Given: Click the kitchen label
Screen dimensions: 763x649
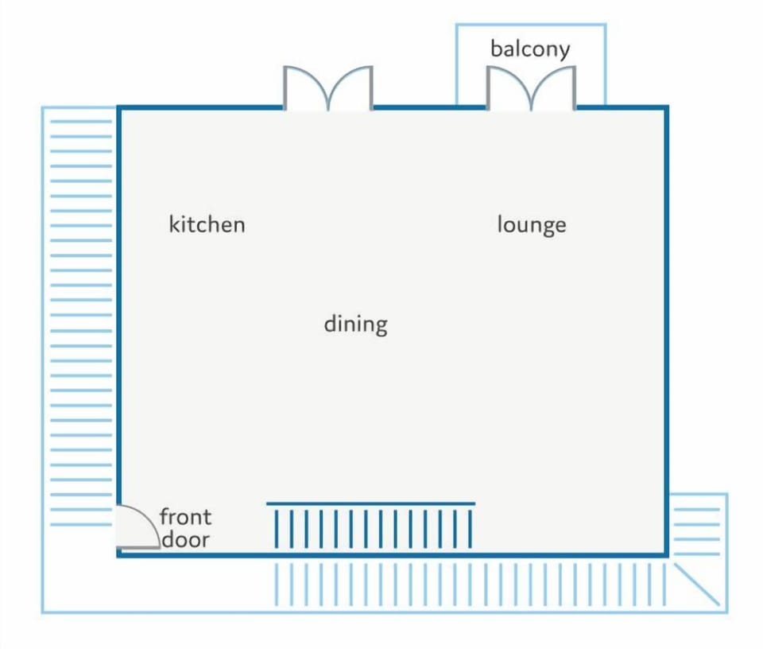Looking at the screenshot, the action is click(x=207, y=224).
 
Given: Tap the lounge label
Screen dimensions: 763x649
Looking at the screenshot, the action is click(x=532, y=225).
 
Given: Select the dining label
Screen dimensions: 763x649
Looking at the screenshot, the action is click(x=356, y=324).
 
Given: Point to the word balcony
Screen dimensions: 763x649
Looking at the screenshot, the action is click(x=530, y=49).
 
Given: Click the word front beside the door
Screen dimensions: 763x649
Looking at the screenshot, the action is click(x=185, y=517).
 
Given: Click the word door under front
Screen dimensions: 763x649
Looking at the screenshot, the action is click(x=185, y=539).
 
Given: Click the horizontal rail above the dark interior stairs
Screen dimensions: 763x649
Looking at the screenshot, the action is click(x=371, y=503).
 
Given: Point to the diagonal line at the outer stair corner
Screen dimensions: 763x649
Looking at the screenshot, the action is click(x=697, y=585).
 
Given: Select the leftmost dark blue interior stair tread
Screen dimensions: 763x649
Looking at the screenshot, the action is click(x=277, y=529).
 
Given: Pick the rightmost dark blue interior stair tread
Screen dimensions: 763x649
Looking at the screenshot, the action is click(x=470, y=529).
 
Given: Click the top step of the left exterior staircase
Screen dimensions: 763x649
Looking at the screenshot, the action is click(x=81, y=121).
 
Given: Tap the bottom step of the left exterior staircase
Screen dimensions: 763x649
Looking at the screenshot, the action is click(x=81, y=525).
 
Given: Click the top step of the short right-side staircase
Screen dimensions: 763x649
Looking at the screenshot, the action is click(x=697, y=510).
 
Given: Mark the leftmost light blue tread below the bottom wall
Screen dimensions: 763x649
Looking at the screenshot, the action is click(x=277, y=585).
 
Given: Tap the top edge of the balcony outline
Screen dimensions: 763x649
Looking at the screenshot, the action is click(x=531, y=24).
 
